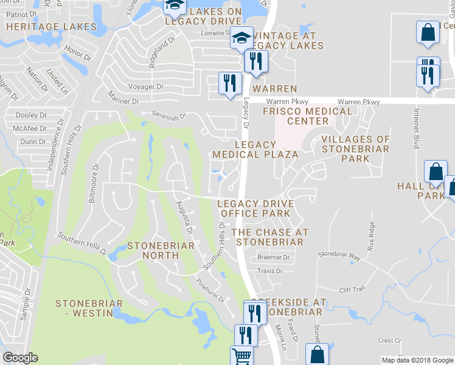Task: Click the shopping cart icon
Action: pos(241,356)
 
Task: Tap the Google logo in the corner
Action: pos(20,358)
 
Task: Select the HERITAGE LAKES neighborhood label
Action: pos(52,27)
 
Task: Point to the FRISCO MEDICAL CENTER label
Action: pos(307,116)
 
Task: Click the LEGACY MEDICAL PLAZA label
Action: pos(255,150)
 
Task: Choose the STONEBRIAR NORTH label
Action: pos(161,251)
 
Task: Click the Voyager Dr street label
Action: pos(144,87)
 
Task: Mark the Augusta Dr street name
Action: pos(184,218)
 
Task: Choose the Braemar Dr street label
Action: pos(273,257)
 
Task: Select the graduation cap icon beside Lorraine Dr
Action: pos(241,38)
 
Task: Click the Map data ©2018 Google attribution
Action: pos(417,360)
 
